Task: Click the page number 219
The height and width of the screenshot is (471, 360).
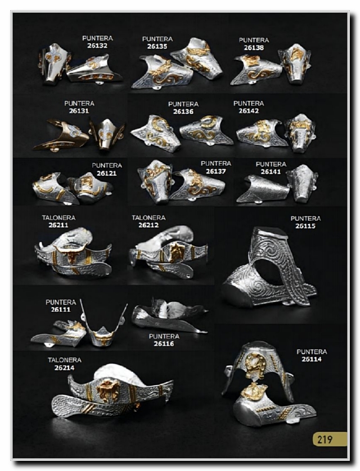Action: pyautogui.click(x=325, y=440)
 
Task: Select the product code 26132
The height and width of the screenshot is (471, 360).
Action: pyautogui.click(x=97, y=46)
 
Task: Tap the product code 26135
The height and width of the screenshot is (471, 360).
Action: pyautogui.click(x=157, y=47)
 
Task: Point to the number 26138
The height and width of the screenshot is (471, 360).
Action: pyautogui.click(x=254, y=47)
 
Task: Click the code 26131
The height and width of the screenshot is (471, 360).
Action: pyautogui.click(x=79, y=111)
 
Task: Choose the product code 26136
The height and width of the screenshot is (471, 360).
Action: pyautogui.click(x=183, y=111)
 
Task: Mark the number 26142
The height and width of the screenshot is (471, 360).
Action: pyautogui.click(x=249, y=111)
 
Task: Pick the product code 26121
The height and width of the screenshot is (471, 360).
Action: pyautogui.click(x=107, y=173)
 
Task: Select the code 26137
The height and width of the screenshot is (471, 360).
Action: pyautogui.click(x=216, y=171)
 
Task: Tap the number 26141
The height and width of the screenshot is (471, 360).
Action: pyautogui.click(x=271, y=171)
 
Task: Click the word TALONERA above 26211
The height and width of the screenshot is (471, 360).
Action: pyautogui.click(x=58, y=218)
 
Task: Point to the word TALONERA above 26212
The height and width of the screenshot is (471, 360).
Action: pyautogui.click(x=148, y=218)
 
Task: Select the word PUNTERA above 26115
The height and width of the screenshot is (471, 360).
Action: pyautogui.click(x=305, y=219)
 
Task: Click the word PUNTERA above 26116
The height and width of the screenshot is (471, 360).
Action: pyautogui.click(x=164, y=336)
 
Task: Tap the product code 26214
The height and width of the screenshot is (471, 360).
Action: pyautogui.click(x=65, y=368)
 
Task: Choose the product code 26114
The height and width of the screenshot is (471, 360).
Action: pyautogui.click(x=312, y=359)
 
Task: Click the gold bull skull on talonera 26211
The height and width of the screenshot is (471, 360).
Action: pyautogui.click(x=71, y=254)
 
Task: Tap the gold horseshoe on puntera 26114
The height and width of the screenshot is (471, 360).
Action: pyautogui.click(x=255, y=364)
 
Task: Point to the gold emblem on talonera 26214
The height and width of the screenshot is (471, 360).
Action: pyautogui.click(x=108, y=391)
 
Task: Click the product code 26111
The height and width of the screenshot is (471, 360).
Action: pyautogui.click(x=61, y=309)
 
